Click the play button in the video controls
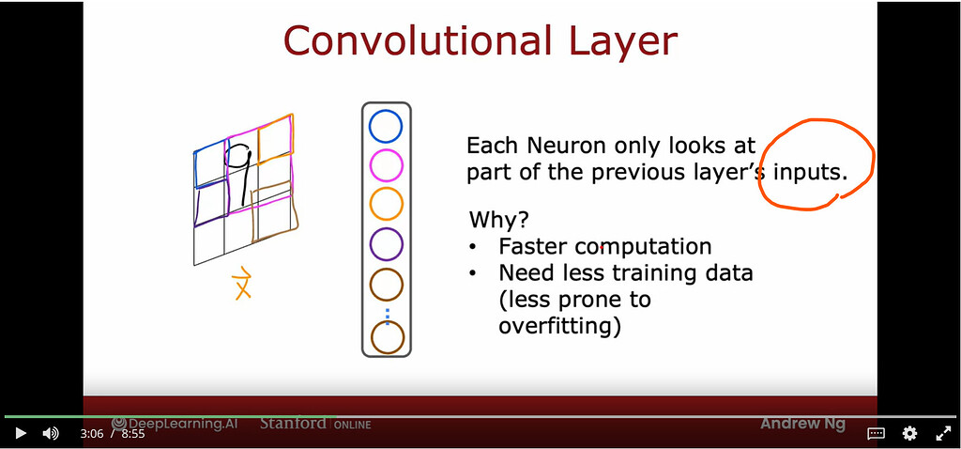pos(21,434)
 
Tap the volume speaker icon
pos(51,434)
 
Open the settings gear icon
pos(909,434)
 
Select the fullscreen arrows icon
pos(943,434)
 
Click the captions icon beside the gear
pos(876,434)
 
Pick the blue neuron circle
pos(386,126)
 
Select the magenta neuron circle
pos(386,165)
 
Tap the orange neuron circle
pos(386,204)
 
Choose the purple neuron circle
pos(386,244)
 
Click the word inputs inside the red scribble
pos(810,173)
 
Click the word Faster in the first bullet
pos(534,247)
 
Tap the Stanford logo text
pos(294,424)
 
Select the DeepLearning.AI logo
pos(175,424)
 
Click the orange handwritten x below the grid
pos(242,284)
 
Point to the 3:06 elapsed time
pos(91,434)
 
